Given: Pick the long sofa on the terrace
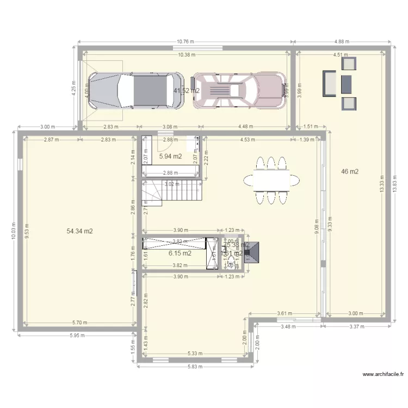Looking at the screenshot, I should point(330,83).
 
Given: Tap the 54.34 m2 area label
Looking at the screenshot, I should point(80,231).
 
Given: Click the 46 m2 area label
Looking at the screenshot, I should point(349,172).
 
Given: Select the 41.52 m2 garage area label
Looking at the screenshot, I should point(186,91).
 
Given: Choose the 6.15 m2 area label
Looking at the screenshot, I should point(180,253).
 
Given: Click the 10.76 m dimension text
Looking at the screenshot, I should point(186,41).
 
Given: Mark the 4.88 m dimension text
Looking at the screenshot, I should point(342,41).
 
